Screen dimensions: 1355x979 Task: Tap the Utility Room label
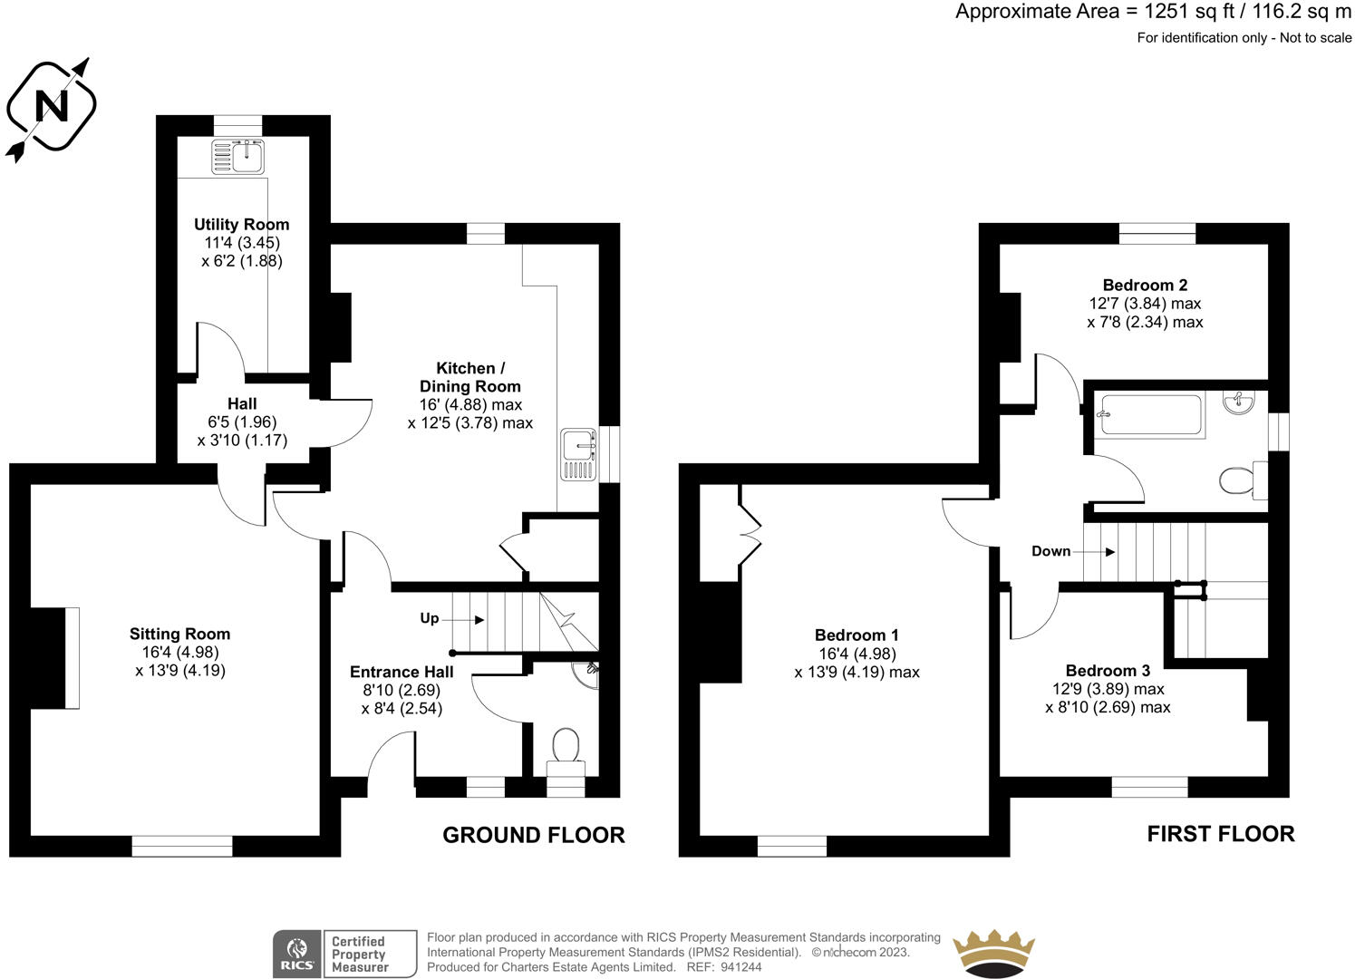point(241,225)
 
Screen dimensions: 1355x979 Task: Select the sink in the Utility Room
point(237,156)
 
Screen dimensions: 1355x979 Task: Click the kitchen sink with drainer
point(579,454)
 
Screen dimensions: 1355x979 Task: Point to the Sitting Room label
point(179,634)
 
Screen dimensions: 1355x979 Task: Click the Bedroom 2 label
point(1145,285)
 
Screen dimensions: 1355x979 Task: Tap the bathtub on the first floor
point(1151,415)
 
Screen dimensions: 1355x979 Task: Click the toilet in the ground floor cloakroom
point(566,752)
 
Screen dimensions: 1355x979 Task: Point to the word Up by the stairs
point(429,618)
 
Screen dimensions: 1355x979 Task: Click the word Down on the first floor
point(1050,551)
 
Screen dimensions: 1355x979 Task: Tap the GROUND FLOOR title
point(534,835)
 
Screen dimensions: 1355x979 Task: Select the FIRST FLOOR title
point(1221,834)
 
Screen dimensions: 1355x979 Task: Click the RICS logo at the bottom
point(297,954)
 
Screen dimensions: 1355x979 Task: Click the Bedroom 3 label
point(1108,671)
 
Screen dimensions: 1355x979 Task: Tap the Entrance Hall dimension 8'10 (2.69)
point(402,690)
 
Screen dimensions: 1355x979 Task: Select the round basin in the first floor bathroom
point(1239,402)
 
